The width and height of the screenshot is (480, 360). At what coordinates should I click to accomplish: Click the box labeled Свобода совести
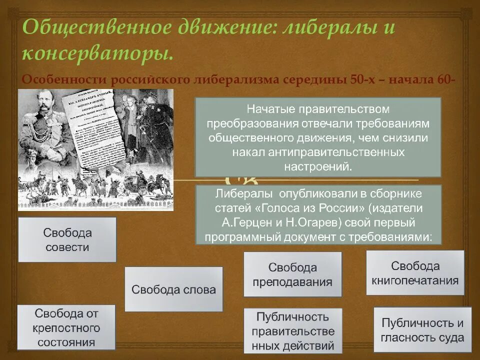click(x=67, y=239)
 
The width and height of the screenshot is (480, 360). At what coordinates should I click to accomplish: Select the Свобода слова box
click(x=173, y=289)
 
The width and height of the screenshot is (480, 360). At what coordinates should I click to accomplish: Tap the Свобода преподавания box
click(x=292, y=274)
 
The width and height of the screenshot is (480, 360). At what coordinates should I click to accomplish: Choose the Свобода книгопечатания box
click(x=415, y=273)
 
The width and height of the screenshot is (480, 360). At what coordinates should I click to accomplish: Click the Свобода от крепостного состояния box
click(x=66, y=327)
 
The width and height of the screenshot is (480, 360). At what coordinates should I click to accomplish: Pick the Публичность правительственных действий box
click(x=292, y=331)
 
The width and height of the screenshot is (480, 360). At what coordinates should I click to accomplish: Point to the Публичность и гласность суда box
click(x=422, y=329)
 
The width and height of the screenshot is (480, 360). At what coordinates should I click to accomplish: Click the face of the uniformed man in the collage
click(x=42, y=103)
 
